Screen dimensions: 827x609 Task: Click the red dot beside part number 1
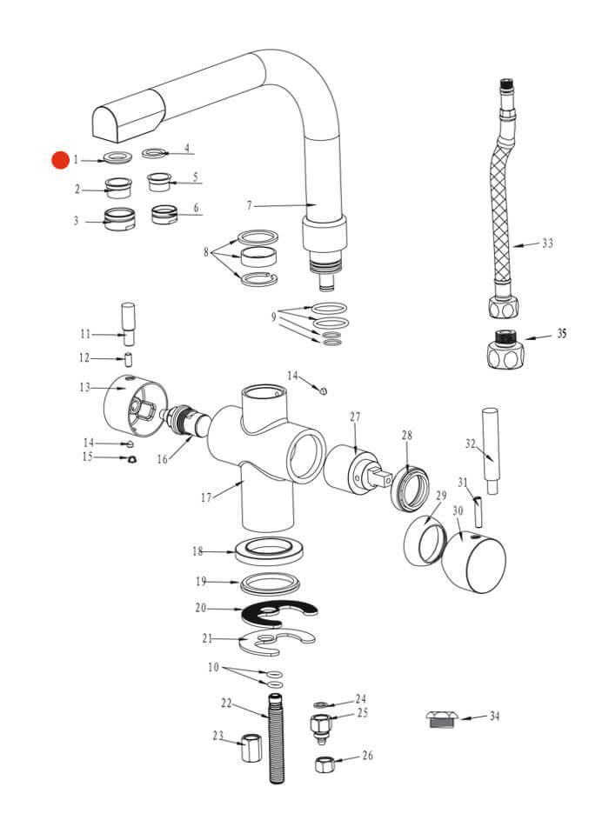coord(60,160)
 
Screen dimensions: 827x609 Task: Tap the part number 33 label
coord(547,243)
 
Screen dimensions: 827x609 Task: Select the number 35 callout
coord(562,333)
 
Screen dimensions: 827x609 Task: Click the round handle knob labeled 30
coord(473,564)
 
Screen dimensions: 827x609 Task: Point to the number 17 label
coord(206,498)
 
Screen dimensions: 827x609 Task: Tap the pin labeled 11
coord(128,324)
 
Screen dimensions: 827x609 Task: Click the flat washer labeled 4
coord(154,154)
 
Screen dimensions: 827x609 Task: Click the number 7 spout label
coord(249,206)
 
